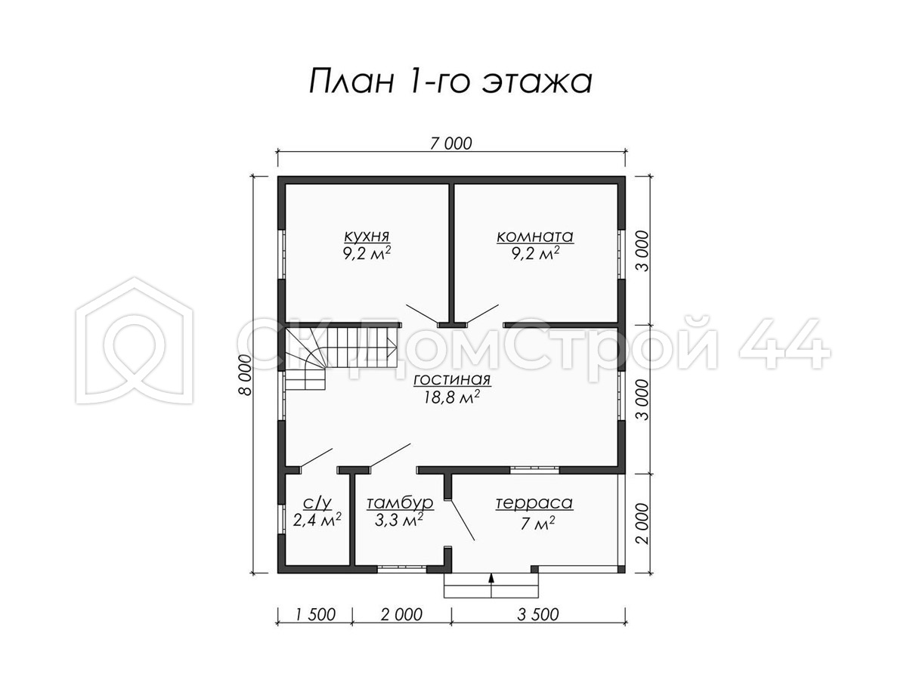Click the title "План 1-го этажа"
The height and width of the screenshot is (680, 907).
point(450,81)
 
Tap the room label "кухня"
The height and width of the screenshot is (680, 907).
point(367,236)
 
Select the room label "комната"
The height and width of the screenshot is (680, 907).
point(535,236)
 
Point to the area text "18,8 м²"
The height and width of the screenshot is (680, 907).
point(452,397)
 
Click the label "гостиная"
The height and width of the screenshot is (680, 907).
point(452,379)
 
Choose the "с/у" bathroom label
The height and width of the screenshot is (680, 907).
point(317,502)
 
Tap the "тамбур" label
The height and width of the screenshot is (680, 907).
point(400,502)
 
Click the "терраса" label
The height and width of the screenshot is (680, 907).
point(534,502)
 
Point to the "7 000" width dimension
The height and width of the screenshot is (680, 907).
point(450,144)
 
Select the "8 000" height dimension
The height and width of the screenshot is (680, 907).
point(245,375)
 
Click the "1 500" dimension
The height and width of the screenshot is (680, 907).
point(316,614)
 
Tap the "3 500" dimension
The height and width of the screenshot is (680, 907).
point(537,614)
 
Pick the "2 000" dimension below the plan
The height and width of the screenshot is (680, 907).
point(401,614)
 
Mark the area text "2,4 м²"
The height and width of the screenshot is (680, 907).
point(317,520)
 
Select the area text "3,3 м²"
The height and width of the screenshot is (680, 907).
point(399,521)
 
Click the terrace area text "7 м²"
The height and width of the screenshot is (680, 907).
point(537,524)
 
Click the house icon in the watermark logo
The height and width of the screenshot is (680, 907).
point(135,341)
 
